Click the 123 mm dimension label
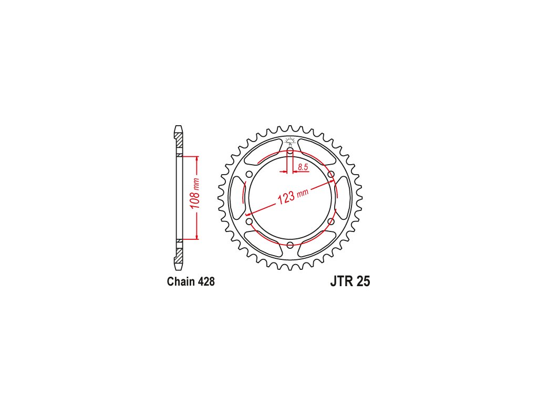tap(293, 196)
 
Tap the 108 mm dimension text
tap(195, 194)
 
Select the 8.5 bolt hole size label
tap(303, 167)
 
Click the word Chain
tap(180, 282)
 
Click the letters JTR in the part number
tap(342, 281)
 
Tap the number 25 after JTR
tap(364, 281)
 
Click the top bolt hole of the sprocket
tap(290, 151)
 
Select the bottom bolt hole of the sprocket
tap(290, 245)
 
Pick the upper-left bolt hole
tap(250, 174)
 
